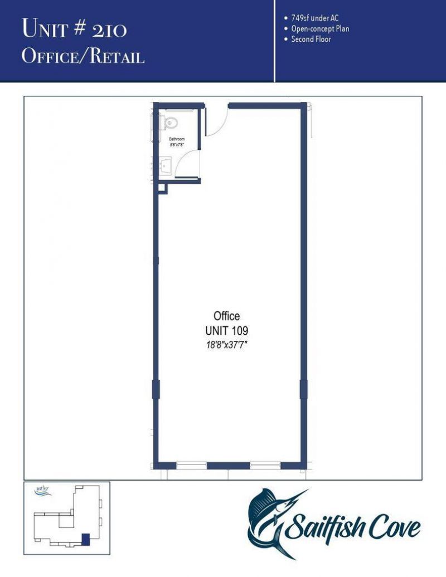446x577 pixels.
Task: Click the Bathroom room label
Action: pos(177,139)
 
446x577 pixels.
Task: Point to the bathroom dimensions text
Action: pos(177,144)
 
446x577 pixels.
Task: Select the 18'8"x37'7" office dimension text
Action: pos(227,345)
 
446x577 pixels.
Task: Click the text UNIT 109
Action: pos(227,331)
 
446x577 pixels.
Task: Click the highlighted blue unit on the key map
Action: pos(85,539)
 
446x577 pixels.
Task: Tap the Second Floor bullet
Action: pos(311,39)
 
